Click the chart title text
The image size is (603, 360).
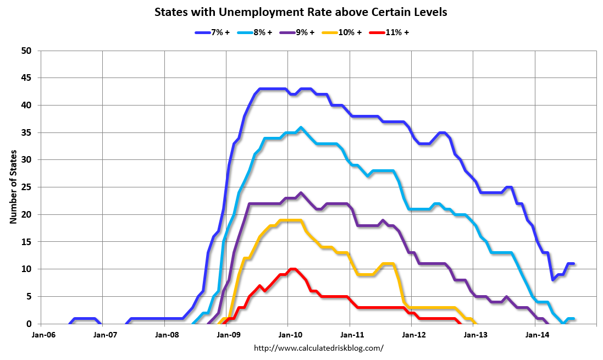coord(301,12)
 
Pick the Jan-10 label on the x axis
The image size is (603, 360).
coord(288,334)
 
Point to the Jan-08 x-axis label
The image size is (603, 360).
coord(164,334)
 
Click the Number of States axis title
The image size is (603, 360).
coord(13,187)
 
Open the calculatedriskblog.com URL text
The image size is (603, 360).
coord(319,348)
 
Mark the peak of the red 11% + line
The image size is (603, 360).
coord(292,269)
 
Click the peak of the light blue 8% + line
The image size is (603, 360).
coord(300,128)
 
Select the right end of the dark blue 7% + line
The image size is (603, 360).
coord(573,264)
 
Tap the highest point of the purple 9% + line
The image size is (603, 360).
coord(301,193)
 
